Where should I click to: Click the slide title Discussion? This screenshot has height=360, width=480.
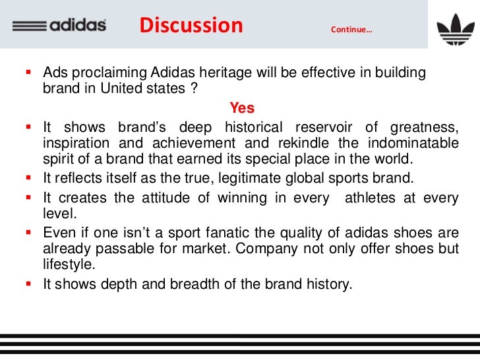(191, 26)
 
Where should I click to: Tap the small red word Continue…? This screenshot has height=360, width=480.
(351, 30)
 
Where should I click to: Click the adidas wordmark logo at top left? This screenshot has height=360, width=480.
(59, 26)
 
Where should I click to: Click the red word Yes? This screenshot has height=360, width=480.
(242, 107)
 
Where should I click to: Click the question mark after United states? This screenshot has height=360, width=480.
(194, 89)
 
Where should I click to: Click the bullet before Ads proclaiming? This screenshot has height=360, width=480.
(30, 72)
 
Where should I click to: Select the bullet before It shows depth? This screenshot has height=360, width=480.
(30, 285)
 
